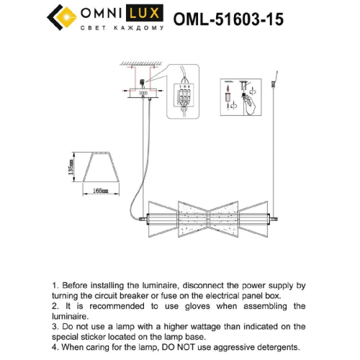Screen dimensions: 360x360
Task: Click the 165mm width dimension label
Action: (100, 191)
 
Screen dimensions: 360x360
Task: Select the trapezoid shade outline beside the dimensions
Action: (100, 168)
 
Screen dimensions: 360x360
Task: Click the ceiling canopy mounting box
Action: (144, 92)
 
